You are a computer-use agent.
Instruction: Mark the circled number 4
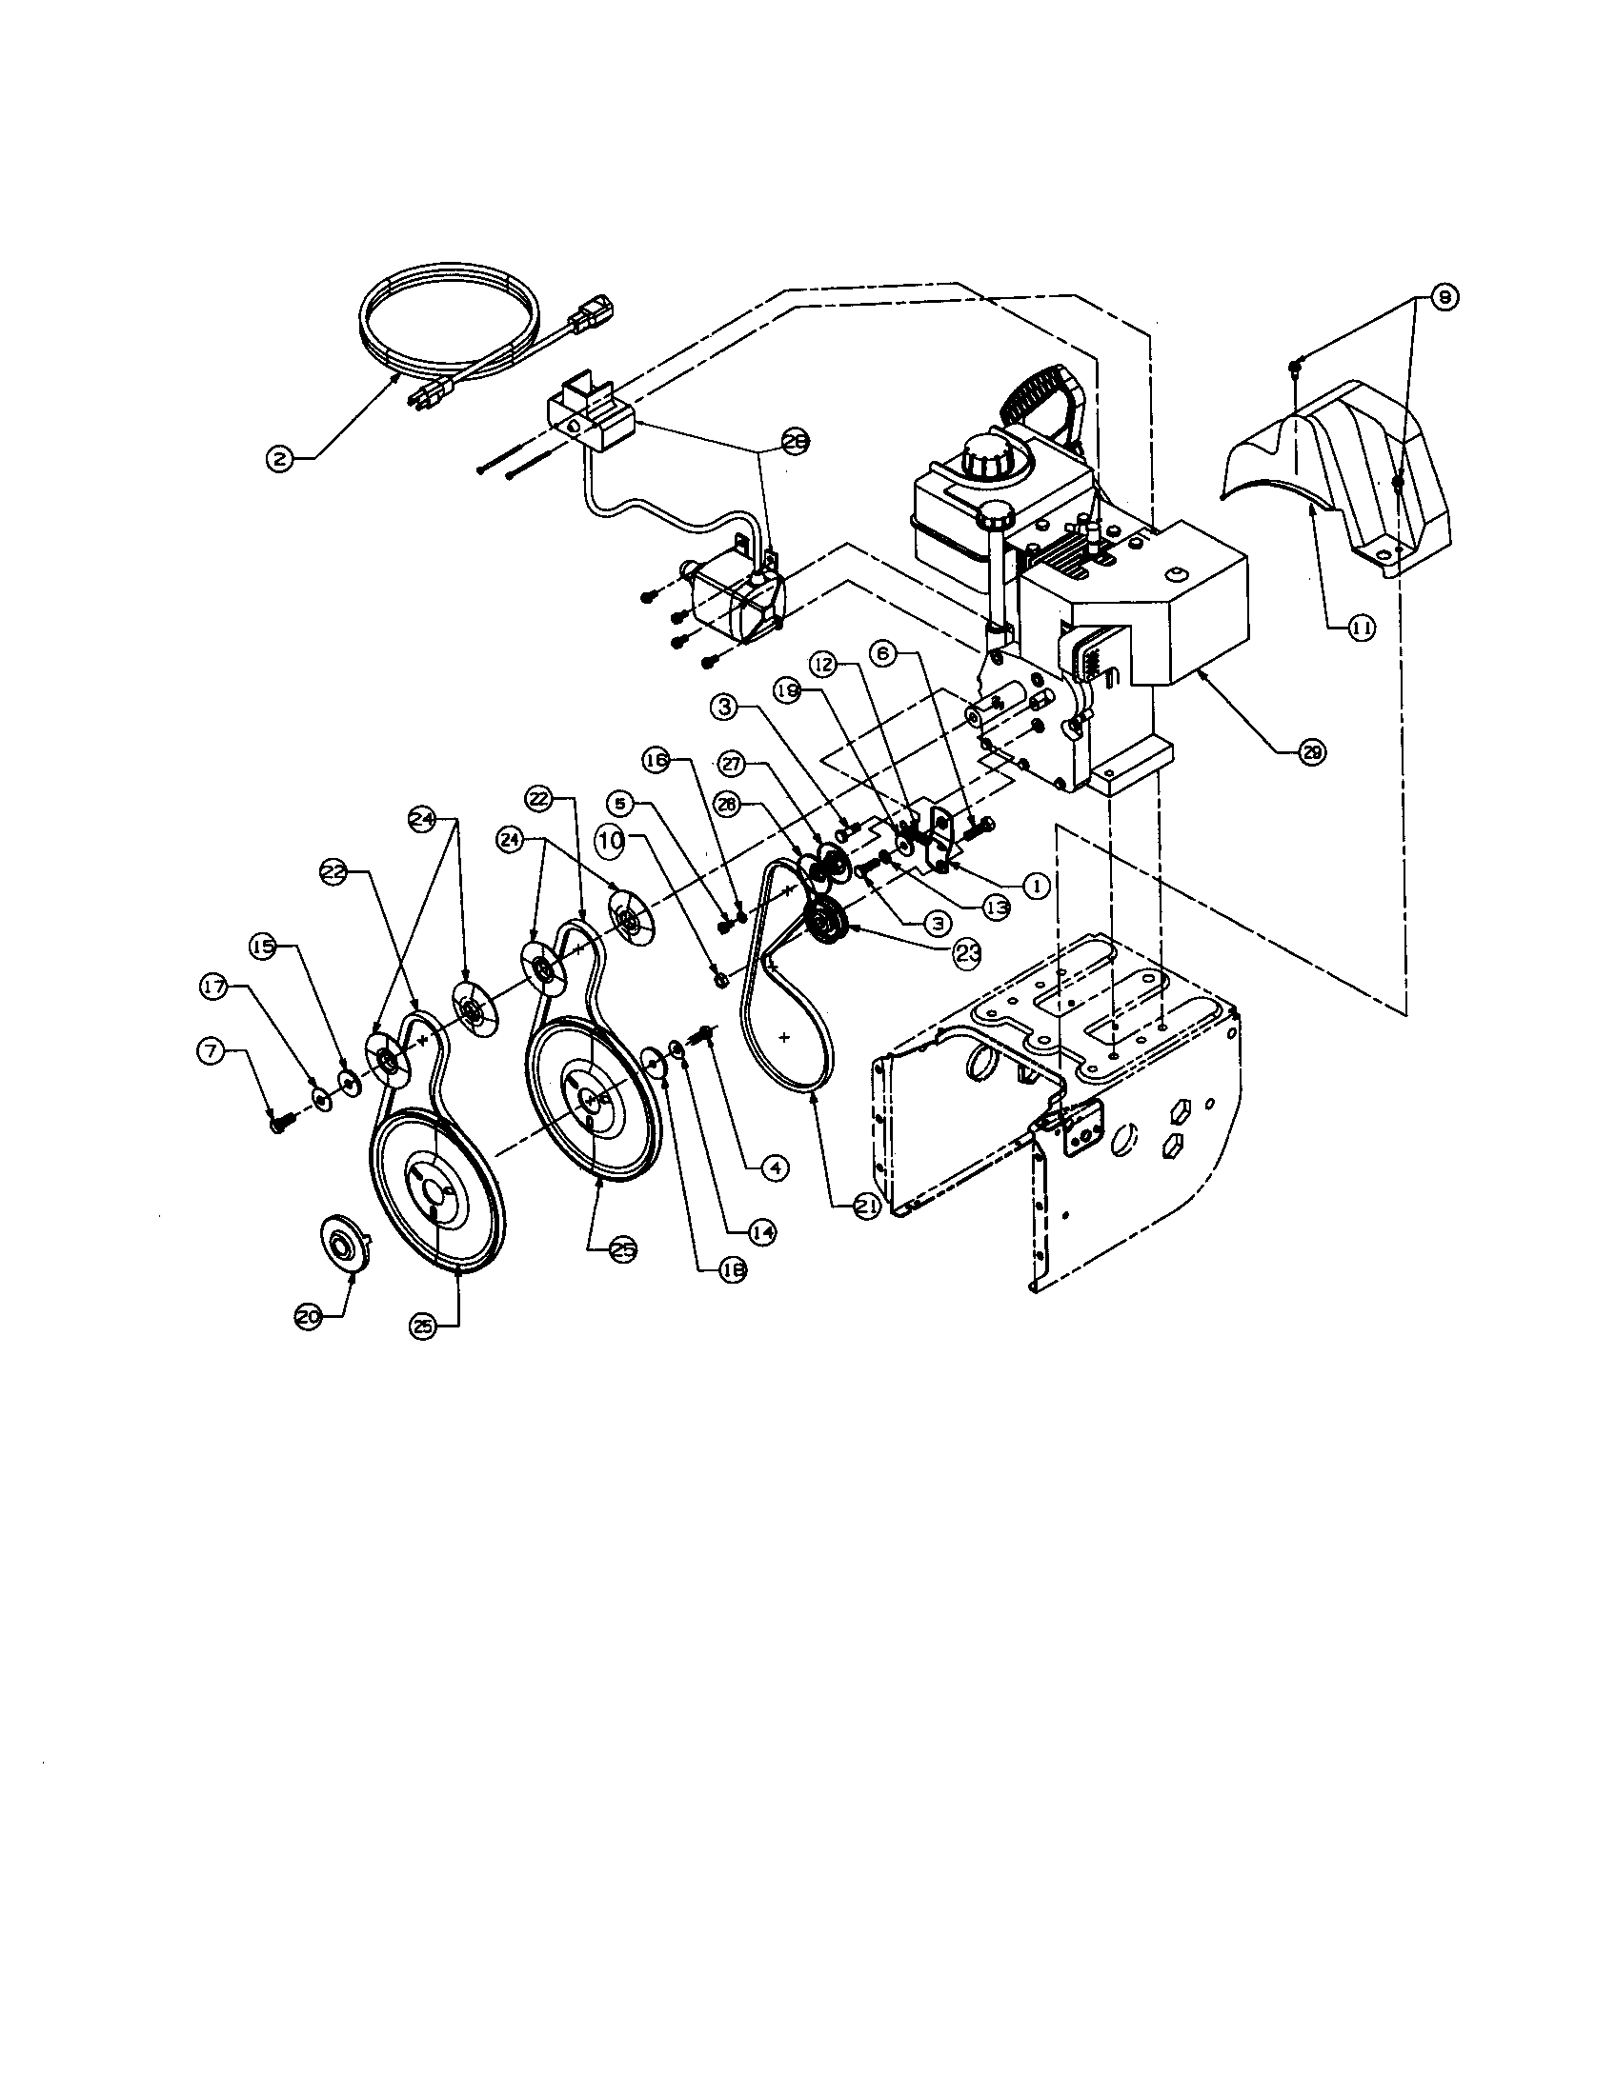pyautogui.click(x=774, y=1167)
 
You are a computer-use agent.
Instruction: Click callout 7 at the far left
pyautogui.click(x=212, y=1051)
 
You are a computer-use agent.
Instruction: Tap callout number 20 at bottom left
pyautogui.click(x=308, y=1318)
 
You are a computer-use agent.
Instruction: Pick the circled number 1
pyautogui.click(x=1037, y=886)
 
